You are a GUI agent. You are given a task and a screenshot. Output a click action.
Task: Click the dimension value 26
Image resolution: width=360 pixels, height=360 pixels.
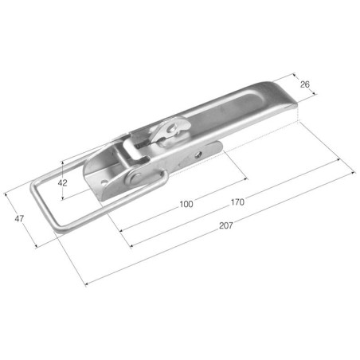(x=305, y=84)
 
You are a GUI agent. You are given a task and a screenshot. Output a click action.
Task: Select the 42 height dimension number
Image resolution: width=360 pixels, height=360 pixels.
(x=63, y=183)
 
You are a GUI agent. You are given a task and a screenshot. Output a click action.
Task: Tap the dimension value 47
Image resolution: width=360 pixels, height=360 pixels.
(x=19, y=219)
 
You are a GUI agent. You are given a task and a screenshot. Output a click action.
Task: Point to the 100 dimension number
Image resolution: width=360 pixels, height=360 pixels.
(x=186, y=204)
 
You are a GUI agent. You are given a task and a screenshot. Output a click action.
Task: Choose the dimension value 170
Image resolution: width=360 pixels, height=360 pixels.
(x=237, y=202)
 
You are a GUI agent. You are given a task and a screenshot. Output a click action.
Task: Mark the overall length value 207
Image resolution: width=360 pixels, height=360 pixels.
(x=225, y=225)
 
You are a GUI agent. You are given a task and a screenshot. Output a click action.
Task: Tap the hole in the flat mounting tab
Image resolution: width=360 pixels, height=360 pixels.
(x=198, y=155)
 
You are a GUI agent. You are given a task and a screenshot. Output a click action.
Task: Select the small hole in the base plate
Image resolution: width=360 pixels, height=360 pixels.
(x=104, y=183)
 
